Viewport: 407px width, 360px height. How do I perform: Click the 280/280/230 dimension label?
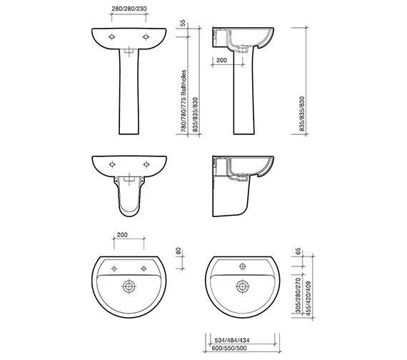[x=129, y=9]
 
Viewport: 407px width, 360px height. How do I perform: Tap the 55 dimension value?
[x=183, y=23]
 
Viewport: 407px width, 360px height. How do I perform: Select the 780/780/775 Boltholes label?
[x=184, y=101]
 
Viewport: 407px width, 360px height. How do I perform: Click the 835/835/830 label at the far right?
[x=301, y=114]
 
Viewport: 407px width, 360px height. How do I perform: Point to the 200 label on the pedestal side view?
[x=221, y=60]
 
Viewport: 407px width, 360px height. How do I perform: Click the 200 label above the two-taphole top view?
[x=122, y=235]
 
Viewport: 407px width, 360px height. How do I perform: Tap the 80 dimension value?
[x=179, y=251]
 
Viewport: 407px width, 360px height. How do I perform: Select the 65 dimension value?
[x=298, y=251]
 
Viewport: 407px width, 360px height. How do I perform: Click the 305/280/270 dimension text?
[x=298, y=295]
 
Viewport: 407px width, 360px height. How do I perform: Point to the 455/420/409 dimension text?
[x=308, y=299]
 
